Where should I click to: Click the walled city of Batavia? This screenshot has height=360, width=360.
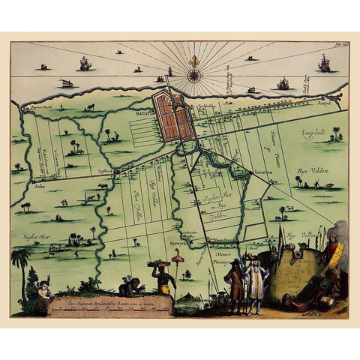(x=174, y=115)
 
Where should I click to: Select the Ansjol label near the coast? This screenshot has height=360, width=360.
(x=324, y=103)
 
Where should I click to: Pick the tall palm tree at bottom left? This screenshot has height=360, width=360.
(x=21, y=262)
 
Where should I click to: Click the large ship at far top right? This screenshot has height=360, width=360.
(x=325, y=64)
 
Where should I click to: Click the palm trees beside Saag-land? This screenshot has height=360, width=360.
(x=335, y=134)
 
